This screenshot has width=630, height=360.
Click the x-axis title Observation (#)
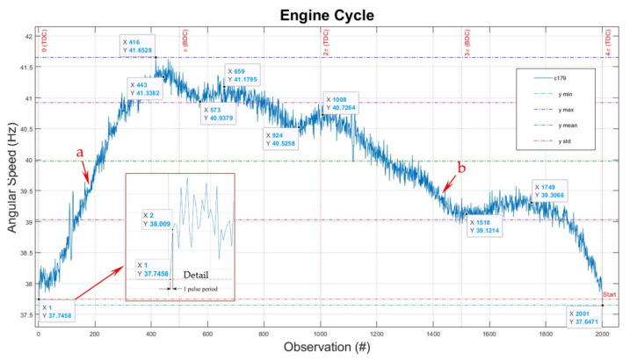coord(321,349)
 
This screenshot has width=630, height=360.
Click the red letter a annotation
coord(80,152)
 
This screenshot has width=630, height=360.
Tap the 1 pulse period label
coord(198,288)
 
